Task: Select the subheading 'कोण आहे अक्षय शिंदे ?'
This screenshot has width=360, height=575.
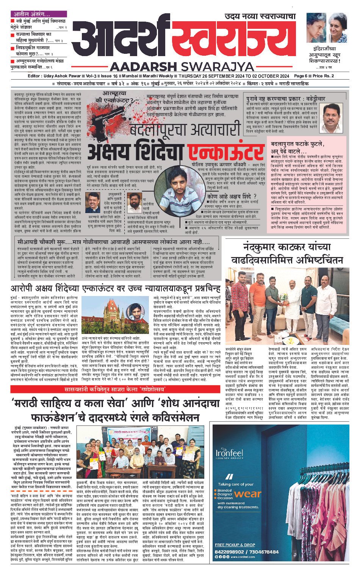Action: (232, 196)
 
